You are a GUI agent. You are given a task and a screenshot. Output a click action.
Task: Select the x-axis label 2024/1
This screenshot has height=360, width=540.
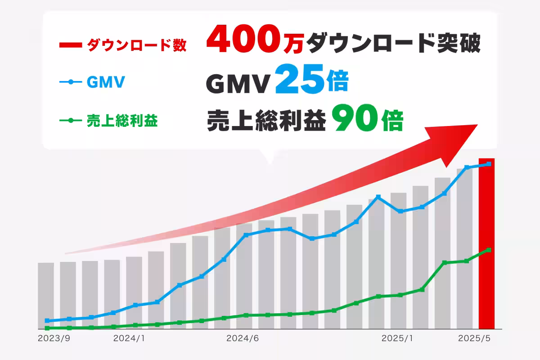(129, 337)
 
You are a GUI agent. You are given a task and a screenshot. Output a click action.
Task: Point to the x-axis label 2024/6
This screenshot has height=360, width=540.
(242, 337)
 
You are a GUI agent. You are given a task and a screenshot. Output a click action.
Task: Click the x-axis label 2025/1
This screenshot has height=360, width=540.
(396, 337)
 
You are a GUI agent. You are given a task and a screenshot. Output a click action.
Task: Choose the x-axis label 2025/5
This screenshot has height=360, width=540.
(473, 337)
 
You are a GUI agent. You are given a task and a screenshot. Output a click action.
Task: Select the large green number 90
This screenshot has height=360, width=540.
(355, 120)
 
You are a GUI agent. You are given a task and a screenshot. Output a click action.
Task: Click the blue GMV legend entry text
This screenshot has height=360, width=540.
(105, 83)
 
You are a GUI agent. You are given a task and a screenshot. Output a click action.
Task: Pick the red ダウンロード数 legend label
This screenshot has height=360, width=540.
(135, 45)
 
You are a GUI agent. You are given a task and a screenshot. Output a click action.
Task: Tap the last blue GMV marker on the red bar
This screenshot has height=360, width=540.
(489, 164)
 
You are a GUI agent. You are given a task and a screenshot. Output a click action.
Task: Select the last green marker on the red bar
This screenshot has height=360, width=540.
(489, 250)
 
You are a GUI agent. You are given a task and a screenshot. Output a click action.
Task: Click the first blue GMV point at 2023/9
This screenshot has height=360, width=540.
(47, 321)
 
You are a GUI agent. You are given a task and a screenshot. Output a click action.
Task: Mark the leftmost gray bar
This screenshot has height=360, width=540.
(46, 295)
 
